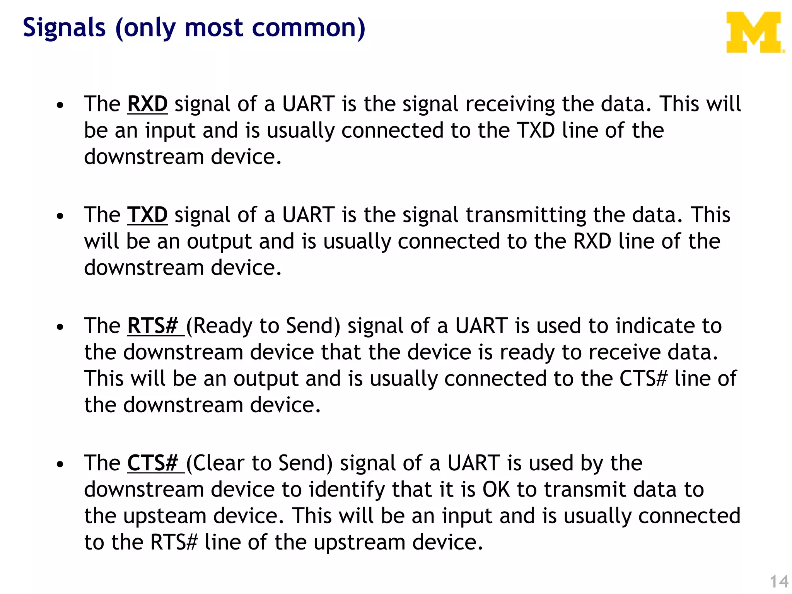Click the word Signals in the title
64,28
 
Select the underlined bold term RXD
147,104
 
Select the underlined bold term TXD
147,215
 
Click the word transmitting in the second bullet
526,215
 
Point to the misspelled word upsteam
164,517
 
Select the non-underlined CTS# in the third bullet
643,379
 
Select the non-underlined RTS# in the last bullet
174,542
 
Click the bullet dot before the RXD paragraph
60,105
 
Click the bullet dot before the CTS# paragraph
60,464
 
